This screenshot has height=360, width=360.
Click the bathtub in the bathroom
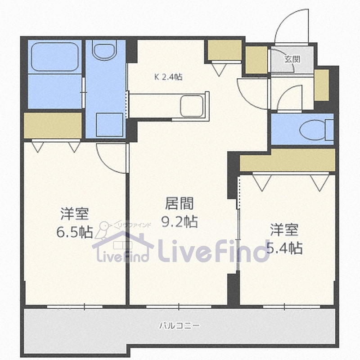click(x=54, y=57)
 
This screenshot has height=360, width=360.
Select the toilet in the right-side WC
click(x=316, y=130)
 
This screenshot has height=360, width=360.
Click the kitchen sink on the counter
click(x=192, y=106)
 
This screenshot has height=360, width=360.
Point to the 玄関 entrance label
click(x=292, y=59)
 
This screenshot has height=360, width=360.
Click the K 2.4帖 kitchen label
click(x=168, y=76)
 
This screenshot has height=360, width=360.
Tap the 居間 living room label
click(x=180, y=203)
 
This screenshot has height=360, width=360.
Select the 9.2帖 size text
click(x=180, y=221)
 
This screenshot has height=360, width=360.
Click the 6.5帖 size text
click(x=75, y=232)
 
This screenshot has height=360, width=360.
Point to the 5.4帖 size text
click(x=284, y=248)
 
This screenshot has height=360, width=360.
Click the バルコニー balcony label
click(x=180, y=325)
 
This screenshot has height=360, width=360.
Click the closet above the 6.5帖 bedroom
click(x=53, y=126)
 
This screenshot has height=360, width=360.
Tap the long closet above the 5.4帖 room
click(x=288, y=160)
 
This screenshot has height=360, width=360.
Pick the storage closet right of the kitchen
click(x=225, y=50)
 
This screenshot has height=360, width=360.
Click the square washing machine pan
click(x=109, y=125)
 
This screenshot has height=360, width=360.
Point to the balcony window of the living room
click(x=179, y=306)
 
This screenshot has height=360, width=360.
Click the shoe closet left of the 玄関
click(x=256, y=60)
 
